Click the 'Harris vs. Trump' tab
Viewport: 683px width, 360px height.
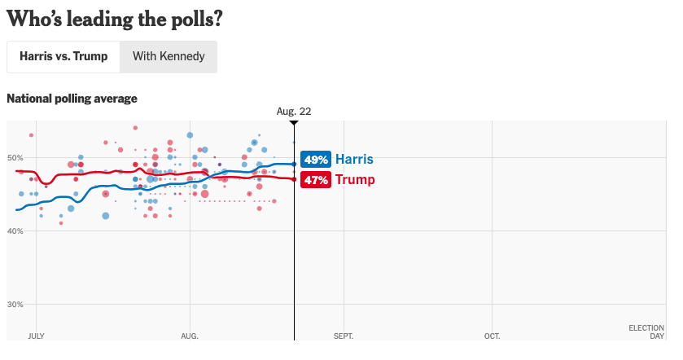(x=63, y=57)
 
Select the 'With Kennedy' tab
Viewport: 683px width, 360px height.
(x=169, y=57)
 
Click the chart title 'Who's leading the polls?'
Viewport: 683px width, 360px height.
(x=115, y=18)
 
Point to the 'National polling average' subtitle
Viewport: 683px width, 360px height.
(x=72, y=99)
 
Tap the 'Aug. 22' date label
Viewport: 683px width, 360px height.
(x=294, y=111)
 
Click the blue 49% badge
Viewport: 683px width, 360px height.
(x=316, y=160)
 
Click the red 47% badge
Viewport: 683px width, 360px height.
(x=316, y=180)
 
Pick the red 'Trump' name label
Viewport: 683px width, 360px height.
(x=355, y=180)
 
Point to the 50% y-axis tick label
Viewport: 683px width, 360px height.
(x=16, y=157)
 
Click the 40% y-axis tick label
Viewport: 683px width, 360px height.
(x=16, y=231)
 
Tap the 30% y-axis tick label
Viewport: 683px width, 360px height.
(x=16, y=305)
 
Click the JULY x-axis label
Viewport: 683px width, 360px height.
(x=36, y=336)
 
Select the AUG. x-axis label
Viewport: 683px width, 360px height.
(x=189, y=336)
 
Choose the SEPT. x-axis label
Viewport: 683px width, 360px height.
(x=344, y=336)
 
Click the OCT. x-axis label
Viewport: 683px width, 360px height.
(x=492, y=336)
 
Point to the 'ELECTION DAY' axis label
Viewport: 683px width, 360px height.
(x=646, y=331)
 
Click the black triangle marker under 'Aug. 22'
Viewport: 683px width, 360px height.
(x=294, y=123)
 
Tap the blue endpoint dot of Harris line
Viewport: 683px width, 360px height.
(x=294, y=165)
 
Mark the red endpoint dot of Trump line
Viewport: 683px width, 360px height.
(x=294, y=179)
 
